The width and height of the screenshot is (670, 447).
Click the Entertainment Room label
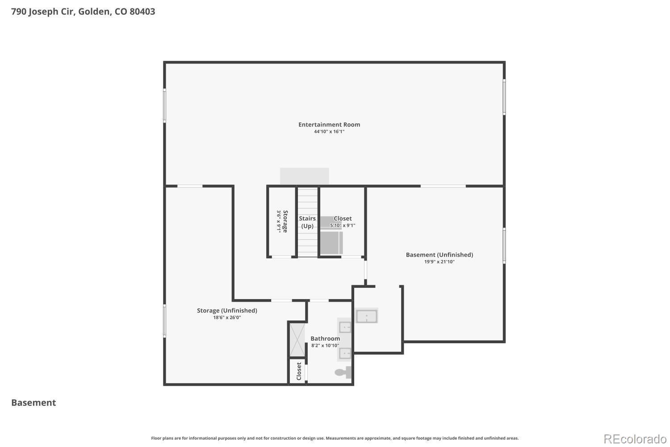pos(329,125)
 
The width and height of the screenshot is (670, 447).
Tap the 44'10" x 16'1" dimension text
pos(329,131)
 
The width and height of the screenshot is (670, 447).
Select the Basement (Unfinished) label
pos(440,255)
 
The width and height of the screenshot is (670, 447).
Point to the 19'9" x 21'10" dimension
pos(440,261)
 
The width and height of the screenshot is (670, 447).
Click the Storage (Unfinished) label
pos(227,311)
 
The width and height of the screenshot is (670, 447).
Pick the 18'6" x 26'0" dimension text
pos(227,317)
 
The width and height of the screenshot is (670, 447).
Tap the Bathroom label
pos(325,338)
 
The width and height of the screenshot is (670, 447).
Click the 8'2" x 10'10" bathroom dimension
pos(325,346)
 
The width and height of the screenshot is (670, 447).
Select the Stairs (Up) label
pos(307,222)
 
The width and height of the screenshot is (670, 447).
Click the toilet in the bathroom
pos(343,372)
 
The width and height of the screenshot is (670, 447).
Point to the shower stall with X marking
pos(297,340)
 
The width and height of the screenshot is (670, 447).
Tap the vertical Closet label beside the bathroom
pos(299,371)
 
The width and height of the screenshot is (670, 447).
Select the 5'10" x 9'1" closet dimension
pos(343,225)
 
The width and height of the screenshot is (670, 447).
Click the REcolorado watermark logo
pos(635,439)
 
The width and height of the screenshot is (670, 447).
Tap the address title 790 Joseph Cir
pos(83,11)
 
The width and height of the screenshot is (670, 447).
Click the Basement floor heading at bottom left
pos(33,402)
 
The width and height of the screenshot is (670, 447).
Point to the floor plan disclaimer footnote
pos(335,438)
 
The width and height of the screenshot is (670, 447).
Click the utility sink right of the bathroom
pos(366,316)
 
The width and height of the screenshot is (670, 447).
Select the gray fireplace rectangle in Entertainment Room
pos(305,176)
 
